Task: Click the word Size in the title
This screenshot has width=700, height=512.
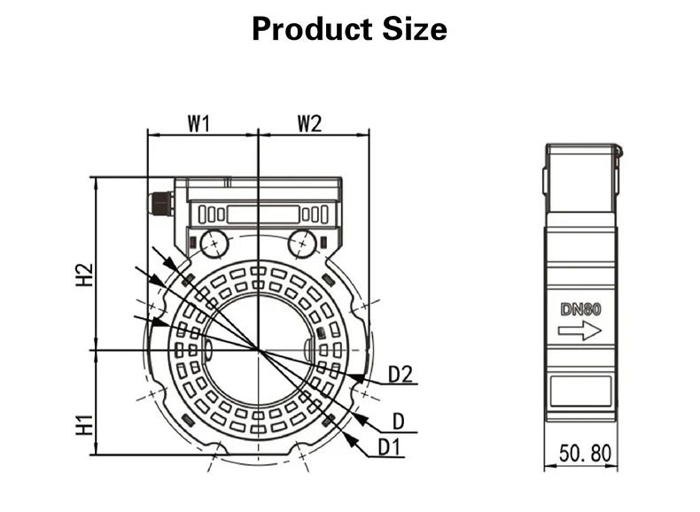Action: pyautogui.click(x=413, y=28)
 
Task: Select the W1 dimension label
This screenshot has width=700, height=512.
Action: pyautogui.click(x=198, y=124)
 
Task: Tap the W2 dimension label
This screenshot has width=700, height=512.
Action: pyautogui.click(x=308, y=124)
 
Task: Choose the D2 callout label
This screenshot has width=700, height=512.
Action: pyautogui.click(x=401, y=376)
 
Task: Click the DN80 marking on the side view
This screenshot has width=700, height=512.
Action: pyautogui.click(x=580, y=310)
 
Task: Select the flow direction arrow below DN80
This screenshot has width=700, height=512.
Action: pyautogui.click(x=580, y=331)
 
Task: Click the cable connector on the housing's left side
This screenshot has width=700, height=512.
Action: pyautogui.click(x=160, y=203)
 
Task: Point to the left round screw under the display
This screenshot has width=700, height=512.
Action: pyautogui.click(x=213, y=242)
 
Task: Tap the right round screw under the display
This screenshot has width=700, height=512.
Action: pyautogui.click(x=301, y=242)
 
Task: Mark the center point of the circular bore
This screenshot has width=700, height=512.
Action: pyautogui.click(x=258, y=350)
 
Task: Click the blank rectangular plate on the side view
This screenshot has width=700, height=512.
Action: pyautogui.click(x=580, y=391)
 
